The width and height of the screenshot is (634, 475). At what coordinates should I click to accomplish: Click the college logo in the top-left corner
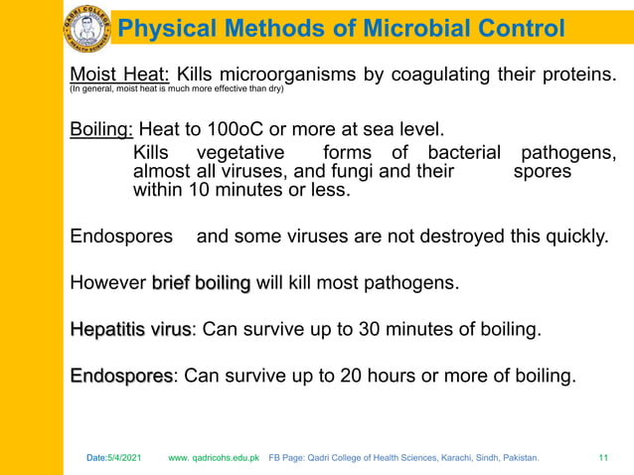click(87, 27)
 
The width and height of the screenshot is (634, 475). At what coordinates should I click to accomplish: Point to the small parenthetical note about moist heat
click(176, 89)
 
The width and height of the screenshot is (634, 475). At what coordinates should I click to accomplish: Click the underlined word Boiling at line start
click(101, 129)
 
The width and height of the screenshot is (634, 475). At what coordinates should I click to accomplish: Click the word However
click(107, 283)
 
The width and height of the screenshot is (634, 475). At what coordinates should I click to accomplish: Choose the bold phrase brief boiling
click(201, 283)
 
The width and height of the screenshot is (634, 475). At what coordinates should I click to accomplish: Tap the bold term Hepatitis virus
click(129, 330)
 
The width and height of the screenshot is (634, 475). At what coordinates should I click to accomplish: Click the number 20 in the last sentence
click(352, 377)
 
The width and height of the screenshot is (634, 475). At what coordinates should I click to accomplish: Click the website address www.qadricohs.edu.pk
click(214, 458)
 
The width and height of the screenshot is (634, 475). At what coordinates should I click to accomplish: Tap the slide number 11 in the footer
click(603, 458)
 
